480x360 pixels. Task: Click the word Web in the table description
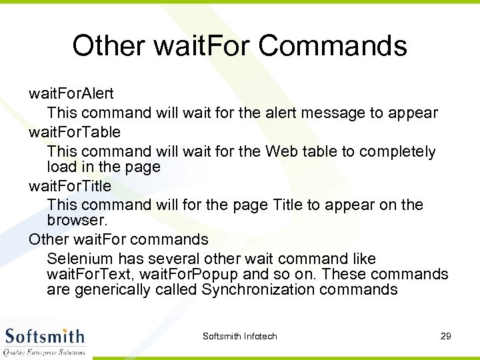281,151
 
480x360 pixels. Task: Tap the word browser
75,219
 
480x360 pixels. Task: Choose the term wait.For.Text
84,274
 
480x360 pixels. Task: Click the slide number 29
446,336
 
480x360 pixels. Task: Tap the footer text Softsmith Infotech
239,336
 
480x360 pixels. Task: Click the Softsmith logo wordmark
45,335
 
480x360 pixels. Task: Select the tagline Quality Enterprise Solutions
45,351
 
